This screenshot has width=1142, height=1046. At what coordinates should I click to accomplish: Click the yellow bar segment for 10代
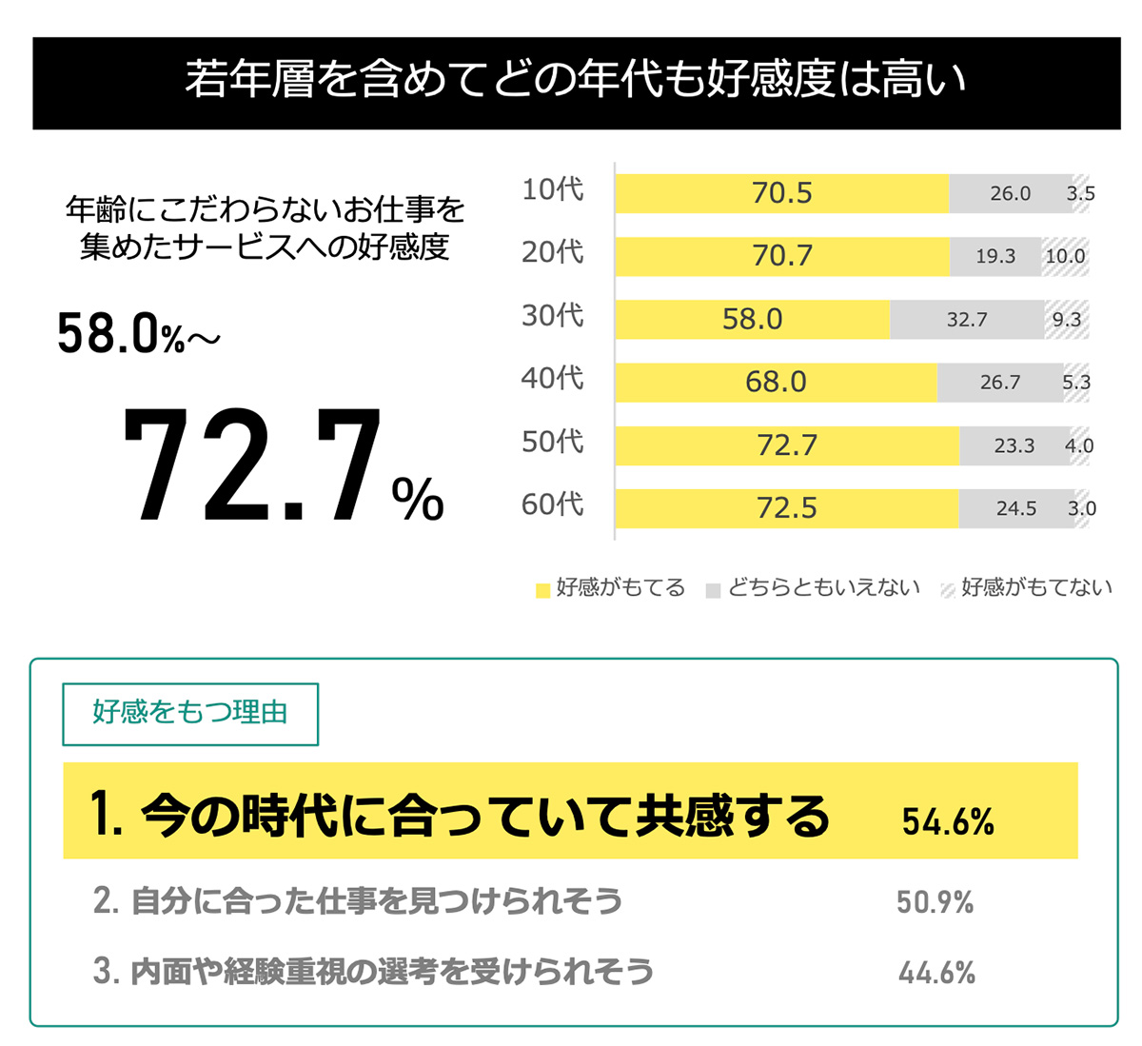point(781,193)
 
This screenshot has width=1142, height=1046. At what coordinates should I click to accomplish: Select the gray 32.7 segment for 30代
point(967,320)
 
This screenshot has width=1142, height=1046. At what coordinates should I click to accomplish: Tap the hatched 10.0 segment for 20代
point(1065,256)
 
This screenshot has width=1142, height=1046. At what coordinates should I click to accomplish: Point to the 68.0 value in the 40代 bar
point(776,383)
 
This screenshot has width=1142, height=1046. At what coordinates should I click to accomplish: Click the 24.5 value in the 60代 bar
point(1015,508)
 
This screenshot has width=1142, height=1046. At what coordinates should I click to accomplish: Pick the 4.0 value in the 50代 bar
point(1079,445)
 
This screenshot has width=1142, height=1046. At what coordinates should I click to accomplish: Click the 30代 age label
point(552,315)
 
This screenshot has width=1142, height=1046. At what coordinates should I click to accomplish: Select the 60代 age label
point(552,504)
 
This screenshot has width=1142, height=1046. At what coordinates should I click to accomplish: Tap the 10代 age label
point(552,189)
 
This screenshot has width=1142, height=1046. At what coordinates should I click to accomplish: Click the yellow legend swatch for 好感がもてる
point(542,590)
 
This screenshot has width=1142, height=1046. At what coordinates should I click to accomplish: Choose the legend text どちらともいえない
point(824,588)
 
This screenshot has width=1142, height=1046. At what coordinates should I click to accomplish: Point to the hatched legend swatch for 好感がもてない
point(948,590)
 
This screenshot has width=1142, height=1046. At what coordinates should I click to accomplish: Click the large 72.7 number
point(252,466)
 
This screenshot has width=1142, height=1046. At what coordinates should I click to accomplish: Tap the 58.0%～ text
point(138,335)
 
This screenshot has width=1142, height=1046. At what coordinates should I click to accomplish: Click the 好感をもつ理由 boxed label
point(190,713)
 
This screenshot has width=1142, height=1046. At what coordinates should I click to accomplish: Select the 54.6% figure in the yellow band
point(948,821)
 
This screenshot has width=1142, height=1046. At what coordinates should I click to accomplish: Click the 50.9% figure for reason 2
point(935,902)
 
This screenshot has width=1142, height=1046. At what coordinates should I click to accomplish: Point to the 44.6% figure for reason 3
point(936,973)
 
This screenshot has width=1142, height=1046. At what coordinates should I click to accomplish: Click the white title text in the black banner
point(576,81)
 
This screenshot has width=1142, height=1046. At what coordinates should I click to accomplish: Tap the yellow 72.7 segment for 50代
point(786,445)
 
